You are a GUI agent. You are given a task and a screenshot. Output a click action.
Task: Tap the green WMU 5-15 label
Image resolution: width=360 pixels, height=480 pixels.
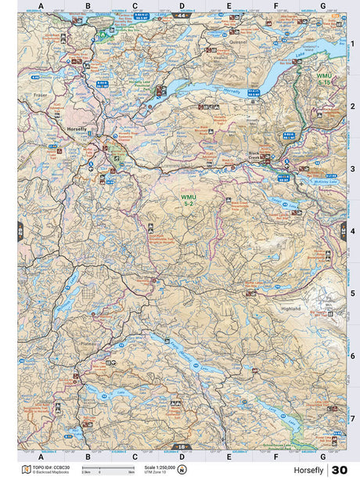point(324,79)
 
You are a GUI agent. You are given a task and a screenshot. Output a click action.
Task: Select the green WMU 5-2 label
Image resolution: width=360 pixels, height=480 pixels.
point(189,200)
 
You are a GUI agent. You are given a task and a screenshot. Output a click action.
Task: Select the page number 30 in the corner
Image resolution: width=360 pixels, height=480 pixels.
point(340,470)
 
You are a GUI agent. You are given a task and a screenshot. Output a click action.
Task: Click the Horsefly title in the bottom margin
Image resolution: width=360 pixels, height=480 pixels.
point(310,470)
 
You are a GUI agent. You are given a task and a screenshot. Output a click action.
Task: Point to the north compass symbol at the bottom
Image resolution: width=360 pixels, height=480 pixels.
point(182,469)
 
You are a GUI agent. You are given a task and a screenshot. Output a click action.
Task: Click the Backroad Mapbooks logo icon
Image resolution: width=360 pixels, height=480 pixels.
point(26,469)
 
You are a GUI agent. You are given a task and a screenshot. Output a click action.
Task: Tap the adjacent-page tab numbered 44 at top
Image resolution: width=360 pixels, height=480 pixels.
point(182,15)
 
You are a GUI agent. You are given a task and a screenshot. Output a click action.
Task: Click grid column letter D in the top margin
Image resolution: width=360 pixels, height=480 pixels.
point(182,6)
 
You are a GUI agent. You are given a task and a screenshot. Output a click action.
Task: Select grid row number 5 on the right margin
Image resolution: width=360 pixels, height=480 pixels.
point(353,294)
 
